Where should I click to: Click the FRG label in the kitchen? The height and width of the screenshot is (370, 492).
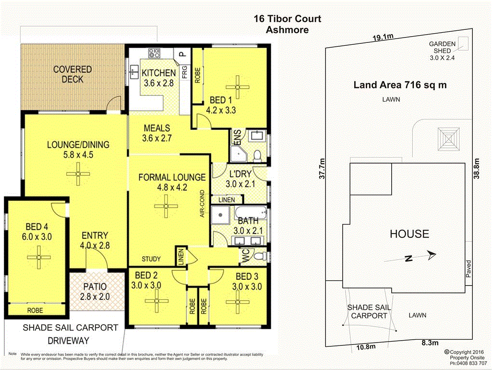(x=185, y=72)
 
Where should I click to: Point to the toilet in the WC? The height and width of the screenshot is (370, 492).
(x=261, y=255)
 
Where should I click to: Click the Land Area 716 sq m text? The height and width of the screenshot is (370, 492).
(x=399, y=85)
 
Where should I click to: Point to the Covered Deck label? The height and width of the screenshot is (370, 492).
(x=72, y=74)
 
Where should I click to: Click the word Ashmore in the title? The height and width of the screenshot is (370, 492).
(x=287, y=30)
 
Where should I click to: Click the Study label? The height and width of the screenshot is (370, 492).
(x=151, y=259)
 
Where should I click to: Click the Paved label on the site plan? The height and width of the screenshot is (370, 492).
(x=468, y=269)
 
